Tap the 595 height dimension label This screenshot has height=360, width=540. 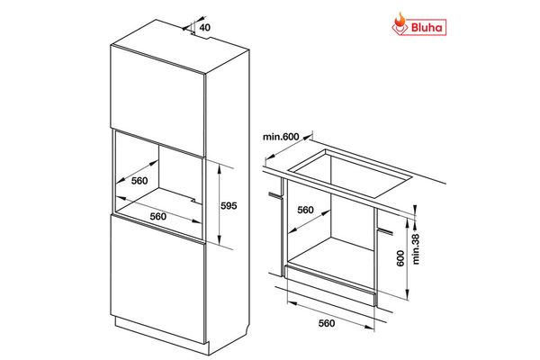coord(229,206)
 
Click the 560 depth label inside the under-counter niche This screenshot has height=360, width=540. coord(305,210)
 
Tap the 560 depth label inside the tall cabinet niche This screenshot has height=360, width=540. coord(139,180)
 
